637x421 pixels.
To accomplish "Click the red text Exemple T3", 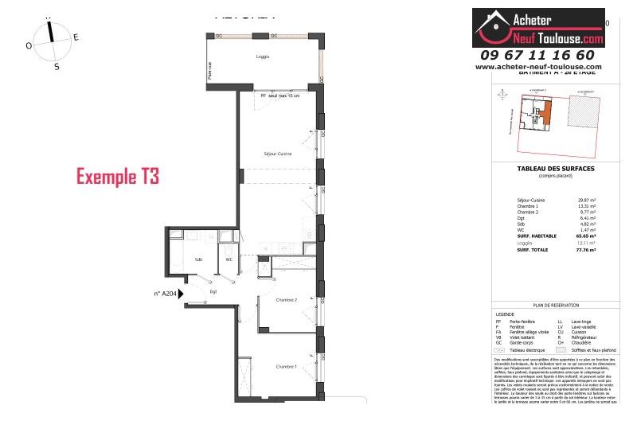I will coord(117,177).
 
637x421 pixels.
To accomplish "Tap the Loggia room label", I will coord(262,57).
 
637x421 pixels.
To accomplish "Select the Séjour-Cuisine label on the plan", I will coord(277,154).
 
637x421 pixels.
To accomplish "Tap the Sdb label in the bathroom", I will coord(197,259).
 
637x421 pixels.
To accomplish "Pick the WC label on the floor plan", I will coord(229,259).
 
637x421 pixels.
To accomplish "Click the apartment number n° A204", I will coord(165,294).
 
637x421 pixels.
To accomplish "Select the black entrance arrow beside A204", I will coord(182,294).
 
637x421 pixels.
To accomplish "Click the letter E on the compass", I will coord(76,37).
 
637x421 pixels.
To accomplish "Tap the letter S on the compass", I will coord(57,67).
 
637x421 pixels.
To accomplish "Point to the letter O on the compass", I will coord(29,46).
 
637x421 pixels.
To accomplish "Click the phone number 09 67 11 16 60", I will coord(537,55).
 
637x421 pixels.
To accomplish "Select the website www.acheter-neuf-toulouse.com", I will coord(538,67).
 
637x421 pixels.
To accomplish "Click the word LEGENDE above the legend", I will coord(506,314).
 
